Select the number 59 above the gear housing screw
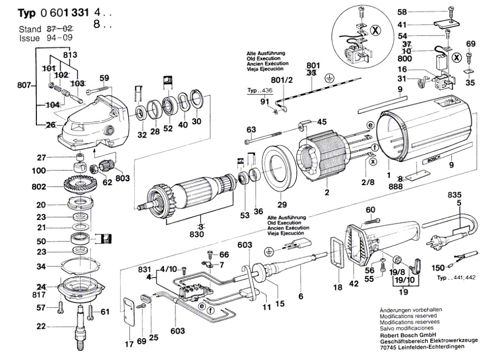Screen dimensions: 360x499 tap(104, 77)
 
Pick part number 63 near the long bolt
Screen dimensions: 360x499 tap(251, 130)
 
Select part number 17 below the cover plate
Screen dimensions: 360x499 tap(128, 345)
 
